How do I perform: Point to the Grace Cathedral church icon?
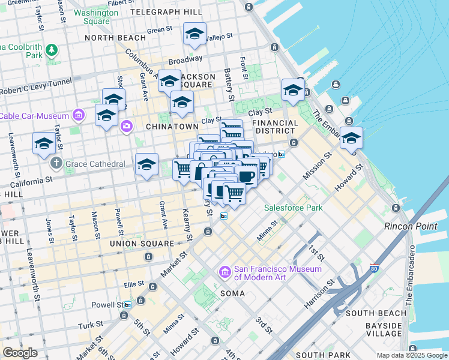coord(56,163)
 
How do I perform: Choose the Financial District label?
coord(276,127)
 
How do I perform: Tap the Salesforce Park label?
coord(294,208)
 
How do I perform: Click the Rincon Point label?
coord(411,226)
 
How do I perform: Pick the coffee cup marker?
coord(246,176)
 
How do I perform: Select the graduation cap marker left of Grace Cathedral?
coord(44,143)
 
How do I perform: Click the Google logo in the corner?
coord(20,353)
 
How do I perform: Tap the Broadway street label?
coord(185,60)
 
